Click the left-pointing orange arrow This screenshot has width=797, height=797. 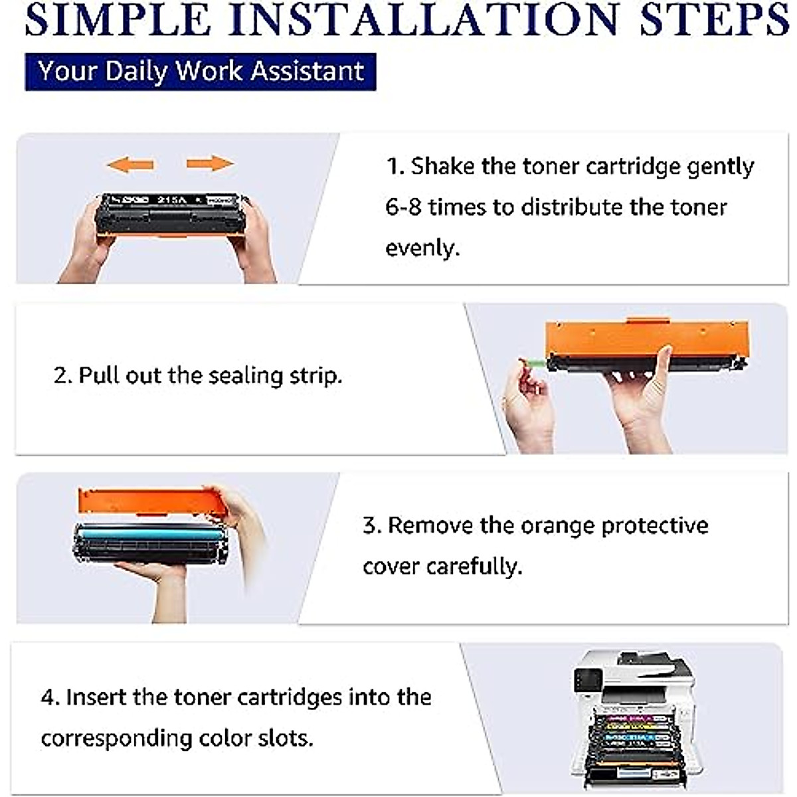[x=130, y=164]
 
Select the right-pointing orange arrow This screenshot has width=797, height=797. [x=210, y=163]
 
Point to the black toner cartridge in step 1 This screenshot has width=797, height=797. [x=172, y=213]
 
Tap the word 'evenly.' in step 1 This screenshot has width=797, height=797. [x=422, y=248]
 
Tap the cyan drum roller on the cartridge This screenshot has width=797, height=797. [x=149, y=533]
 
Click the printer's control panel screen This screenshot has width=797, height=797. [x=587, y=681]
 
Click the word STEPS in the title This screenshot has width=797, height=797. [x=714, y=20]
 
